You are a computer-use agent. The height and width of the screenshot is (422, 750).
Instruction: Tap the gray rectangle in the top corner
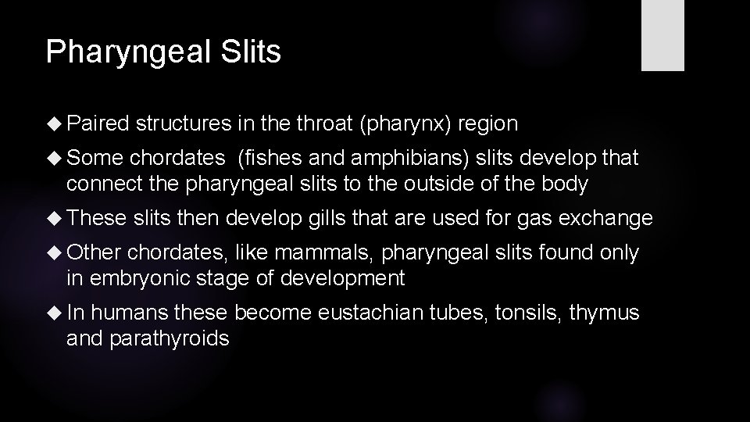pyautogui.click(x=662, y=35)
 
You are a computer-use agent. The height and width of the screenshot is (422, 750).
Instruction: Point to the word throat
pyautogui.click(x=322, y=123)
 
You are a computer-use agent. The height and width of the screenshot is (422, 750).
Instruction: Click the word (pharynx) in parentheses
pyautogui.click(x=406, y=124)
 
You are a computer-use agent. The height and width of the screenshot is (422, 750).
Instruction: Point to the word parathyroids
pyautogui.click(x=170, y=340)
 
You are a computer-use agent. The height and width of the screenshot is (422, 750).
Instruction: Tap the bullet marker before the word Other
pyautogui.click(x=54, y=252)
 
